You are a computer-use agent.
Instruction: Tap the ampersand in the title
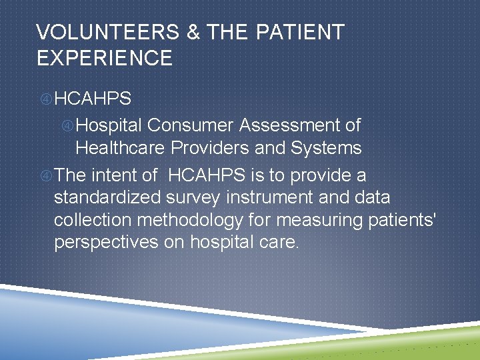tap(193, 32)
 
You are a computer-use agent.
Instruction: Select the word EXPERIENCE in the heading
tap(105, 58)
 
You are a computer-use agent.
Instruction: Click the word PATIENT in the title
tap(297, 32)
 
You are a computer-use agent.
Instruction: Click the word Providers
tap(211, 147)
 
